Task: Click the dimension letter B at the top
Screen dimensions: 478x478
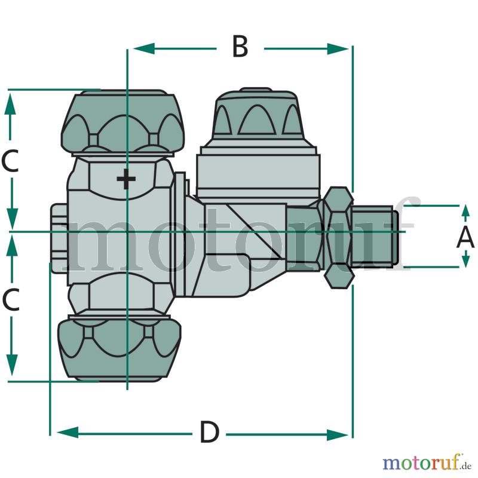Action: [240, 47]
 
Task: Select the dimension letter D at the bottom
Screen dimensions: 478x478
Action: [210, 431]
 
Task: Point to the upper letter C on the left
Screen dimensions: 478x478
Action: [10, 160]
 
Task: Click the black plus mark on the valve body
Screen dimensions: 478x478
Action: [126, 179]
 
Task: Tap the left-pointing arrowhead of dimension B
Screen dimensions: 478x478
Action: [144, 48]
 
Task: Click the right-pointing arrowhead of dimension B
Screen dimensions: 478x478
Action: [338, 49]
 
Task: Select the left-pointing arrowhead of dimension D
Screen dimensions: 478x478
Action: [68, 432]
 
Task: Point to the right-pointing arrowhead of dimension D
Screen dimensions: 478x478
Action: [338, 434]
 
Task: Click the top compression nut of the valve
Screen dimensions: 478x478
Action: [123, 122]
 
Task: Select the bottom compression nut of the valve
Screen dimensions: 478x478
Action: [119, 348]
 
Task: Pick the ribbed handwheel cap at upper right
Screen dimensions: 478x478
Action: [258, 117]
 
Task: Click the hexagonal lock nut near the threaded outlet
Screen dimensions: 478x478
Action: [338, 237]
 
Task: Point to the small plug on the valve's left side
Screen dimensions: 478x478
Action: [59, 238]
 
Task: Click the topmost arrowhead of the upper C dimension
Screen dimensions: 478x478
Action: [10, 103]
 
